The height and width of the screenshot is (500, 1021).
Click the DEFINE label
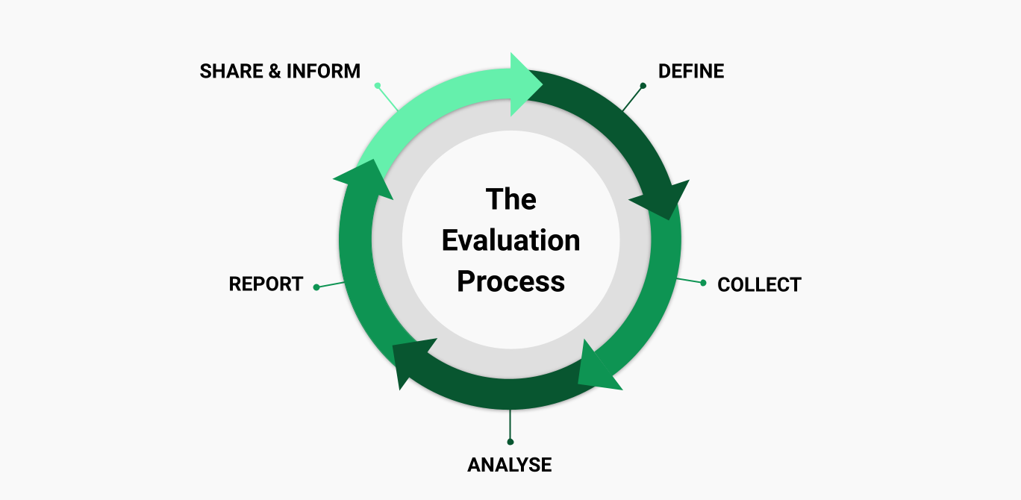[690, 72]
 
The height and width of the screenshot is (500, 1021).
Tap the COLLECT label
[758, 285]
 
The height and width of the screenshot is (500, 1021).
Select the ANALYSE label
[510, 465]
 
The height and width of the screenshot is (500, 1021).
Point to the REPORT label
[266, 284]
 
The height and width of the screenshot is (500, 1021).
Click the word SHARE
[232, 72]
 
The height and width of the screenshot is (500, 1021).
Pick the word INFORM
[323, 72]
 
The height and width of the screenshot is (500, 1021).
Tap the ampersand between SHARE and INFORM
[276, 72]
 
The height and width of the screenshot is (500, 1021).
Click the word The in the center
[510, 199]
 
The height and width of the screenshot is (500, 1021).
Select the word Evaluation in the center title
[510, 240]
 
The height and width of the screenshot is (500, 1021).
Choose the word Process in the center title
[510, 281]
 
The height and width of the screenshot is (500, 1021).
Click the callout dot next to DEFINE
[643, 86]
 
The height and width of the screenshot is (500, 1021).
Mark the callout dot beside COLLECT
[703, 283]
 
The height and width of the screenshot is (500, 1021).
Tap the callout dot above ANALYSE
[510, 442]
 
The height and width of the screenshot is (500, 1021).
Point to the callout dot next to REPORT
[316, 287]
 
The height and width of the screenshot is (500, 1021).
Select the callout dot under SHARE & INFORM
[378, 86]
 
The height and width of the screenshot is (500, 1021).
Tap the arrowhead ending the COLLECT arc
[596, 369]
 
